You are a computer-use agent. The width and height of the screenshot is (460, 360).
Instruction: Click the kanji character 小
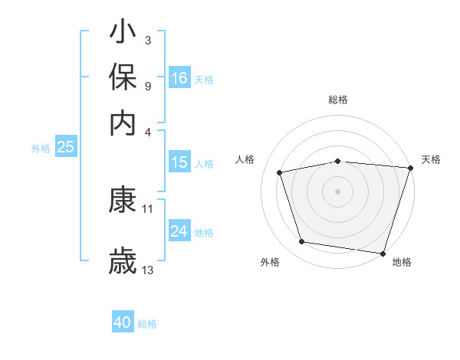[x=123, y=33]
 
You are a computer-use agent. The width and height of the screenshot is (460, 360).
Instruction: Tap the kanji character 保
[x=123, y=78]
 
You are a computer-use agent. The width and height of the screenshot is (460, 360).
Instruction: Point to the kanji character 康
[x=123, y=201]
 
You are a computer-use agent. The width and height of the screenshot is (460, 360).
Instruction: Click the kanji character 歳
[x=123, y=261]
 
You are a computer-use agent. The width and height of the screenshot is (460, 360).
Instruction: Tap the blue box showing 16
[x=179, y=78]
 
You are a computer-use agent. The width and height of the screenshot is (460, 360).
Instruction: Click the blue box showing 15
[x=179, y=162]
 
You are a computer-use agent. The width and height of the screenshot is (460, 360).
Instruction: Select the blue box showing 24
[x=179, y=231]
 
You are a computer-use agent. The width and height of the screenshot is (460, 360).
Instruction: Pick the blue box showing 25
[x=65, y=147]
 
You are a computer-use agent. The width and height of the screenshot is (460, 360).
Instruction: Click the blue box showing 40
[x=123, y=322]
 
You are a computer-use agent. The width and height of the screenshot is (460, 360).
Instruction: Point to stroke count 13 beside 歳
[x=148, y=270]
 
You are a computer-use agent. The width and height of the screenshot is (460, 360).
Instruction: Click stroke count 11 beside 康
[x=148, y=208]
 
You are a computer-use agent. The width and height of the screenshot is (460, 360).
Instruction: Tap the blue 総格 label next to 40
[x=147, y=324]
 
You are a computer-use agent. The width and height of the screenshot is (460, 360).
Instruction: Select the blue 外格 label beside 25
[x=41, y=149]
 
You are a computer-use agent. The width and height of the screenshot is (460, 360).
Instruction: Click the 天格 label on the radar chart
[x=431, y=159]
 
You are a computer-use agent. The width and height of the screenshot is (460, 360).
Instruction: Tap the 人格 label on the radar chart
[x=245, y=159]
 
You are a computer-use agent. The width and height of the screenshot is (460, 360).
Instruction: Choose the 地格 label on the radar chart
[x=402, y=262]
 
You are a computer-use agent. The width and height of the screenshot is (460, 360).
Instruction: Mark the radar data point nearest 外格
[x=302, y=242]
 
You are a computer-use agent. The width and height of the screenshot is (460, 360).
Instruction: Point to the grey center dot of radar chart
[x=338, y=191]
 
